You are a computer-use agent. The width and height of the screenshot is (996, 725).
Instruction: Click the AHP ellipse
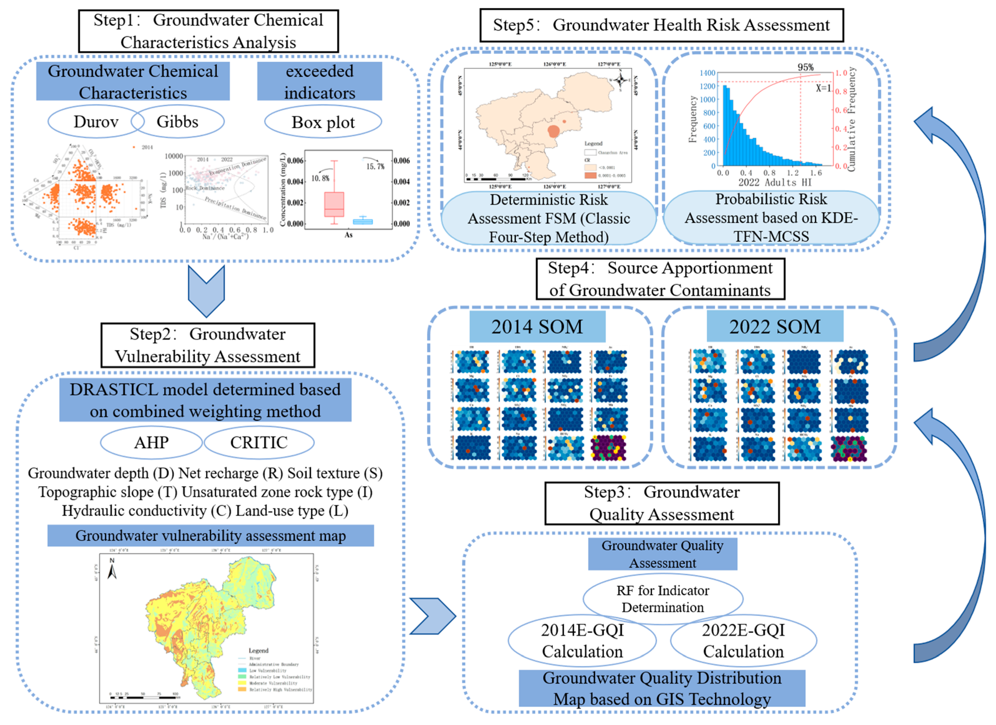(151, 443)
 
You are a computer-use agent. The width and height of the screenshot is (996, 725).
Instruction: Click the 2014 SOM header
(537, 327)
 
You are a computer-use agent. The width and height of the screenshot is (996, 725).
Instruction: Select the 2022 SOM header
(775, 327)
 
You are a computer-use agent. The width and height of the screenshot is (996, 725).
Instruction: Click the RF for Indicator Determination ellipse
(663, 599)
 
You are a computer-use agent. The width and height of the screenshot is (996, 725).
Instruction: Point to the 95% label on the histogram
(805, 67)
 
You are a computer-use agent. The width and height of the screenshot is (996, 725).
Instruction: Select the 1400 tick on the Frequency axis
(707, 73)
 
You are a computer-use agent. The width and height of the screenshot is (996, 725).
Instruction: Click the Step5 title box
(661, 25)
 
